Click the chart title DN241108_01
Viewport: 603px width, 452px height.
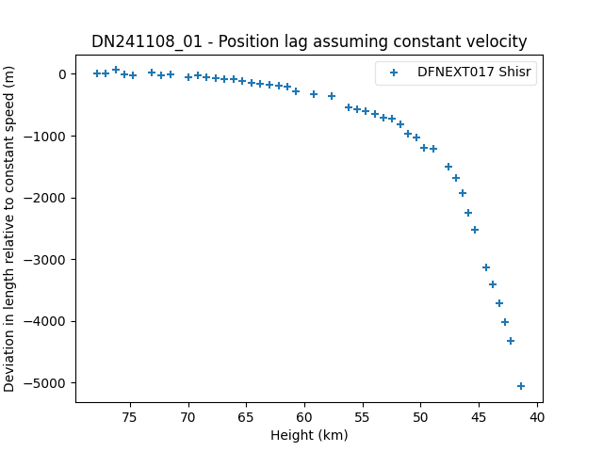point(147,41)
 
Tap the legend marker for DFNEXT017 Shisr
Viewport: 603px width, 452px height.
point(394,73)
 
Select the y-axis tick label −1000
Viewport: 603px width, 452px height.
point(48,137)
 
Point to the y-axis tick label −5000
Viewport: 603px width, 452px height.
point(48,383)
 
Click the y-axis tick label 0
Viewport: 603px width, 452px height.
point(63,74)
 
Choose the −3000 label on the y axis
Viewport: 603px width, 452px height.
point(48,260)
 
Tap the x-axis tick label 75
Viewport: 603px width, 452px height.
point(130,417)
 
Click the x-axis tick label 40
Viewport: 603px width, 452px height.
point(537,417)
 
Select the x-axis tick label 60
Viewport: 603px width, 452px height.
point(304,417)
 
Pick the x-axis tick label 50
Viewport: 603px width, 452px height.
point(421,417)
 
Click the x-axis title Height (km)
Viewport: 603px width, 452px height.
point(309,435)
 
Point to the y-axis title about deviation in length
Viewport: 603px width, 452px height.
point(8,229)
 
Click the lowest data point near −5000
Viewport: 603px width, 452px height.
point(521,386)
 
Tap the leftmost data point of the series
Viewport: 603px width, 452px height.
point(97,73)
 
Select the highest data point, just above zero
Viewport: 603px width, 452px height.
point(116,70)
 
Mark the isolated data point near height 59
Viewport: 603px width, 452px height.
point(314,94)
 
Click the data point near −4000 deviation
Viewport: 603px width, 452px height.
point(505,322)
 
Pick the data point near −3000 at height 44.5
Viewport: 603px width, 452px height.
point(486,267)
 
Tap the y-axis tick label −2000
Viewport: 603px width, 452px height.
point(48,199)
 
